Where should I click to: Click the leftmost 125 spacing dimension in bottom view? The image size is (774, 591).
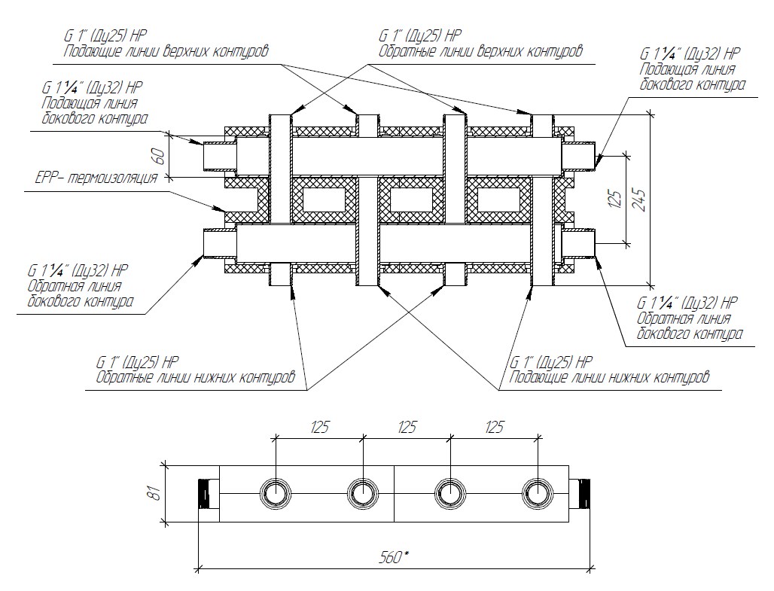[x=319, y=428]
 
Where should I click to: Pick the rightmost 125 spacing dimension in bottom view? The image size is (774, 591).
[x=494, y=428]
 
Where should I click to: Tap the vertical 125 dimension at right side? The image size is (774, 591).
[x=616, y=200]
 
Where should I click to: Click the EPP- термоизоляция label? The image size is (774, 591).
[x=96, y=179]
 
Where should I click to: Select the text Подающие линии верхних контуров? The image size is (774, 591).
[x=166, y=50]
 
